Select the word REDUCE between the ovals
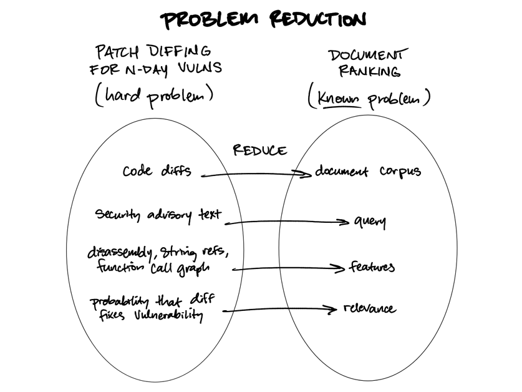click(x=260, y=150)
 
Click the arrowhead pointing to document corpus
click(x=306, y=175)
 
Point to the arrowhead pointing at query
click(x=344, y=222)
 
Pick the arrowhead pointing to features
click(x=340, y=269)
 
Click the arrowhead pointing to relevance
click(x=333, y=309)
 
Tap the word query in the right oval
click(x=370, y=222)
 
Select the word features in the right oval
click(x=372, y=267)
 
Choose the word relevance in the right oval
click(x=369, y=308)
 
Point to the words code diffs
click(x=157, y=170)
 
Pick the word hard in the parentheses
click(x=122, y=95)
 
